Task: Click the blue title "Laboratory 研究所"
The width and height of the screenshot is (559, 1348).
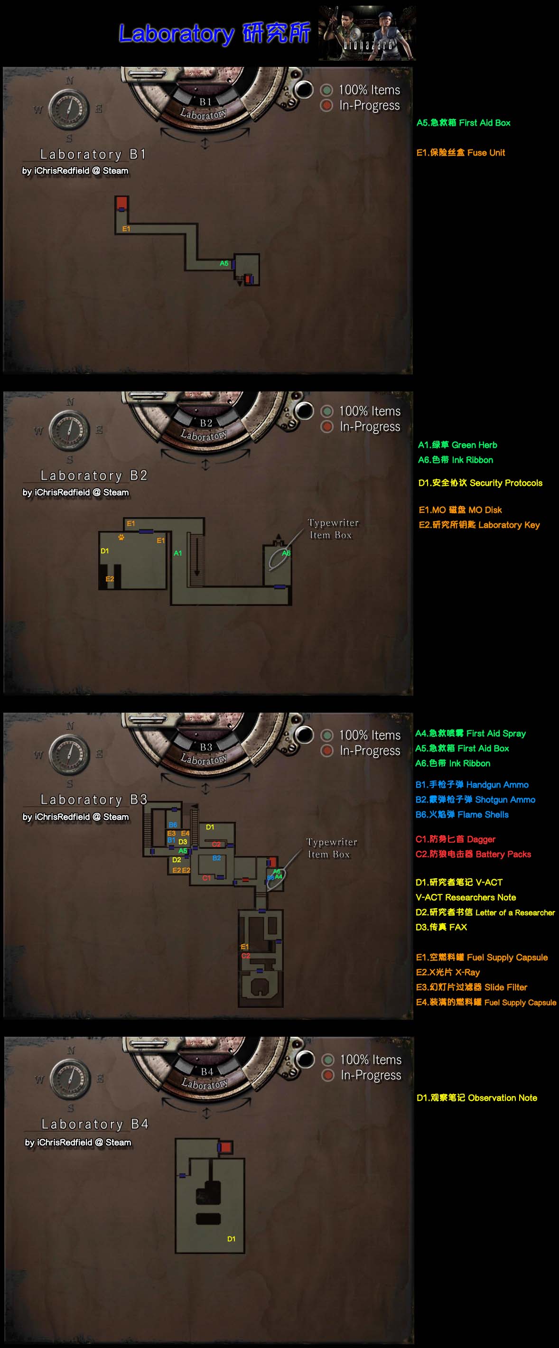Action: click(x=214, y=34)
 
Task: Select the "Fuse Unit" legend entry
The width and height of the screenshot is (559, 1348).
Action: click(x=461, y=153)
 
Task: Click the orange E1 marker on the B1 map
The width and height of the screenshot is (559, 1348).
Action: click(x=126, y=229)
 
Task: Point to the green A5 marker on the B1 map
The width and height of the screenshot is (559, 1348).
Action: click(x=224, y=263)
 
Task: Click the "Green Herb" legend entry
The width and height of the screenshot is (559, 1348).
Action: click(x=457, y=445)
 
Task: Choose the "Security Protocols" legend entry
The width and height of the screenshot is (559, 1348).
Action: click(x=480, y=483)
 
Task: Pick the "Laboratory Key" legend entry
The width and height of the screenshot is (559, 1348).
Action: click(x=479, y=524)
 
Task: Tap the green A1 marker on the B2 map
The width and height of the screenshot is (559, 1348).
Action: click(x=178, y=553)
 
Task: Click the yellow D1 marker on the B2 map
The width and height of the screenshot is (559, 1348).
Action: click(x=105, y=551)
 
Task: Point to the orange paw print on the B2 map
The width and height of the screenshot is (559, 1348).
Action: click(x=121, y=537)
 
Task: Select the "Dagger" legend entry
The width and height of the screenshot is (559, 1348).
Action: click(x=455, y=839)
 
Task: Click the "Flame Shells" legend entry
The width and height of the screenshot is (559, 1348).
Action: click(x=462, y=814)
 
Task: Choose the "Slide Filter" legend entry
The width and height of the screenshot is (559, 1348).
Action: click(x=471, y=987)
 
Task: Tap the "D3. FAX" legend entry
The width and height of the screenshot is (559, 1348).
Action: click(x=441, y=927)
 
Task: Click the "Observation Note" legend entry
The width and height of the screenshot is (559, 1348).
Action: click(x=476, y=1097)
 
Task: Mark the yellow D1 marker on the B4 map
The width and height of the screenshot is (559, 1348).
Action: click(x=232, y=1238)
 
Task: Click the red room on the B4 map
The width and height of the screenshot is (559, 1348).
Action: click(x=225, y=1147)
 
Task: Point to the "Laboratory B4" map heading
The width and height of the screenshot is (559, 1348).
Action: click(x=95, y=1124)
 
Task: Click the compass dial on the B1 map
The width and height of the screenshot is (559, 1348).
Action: click(x=68, y=110)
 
